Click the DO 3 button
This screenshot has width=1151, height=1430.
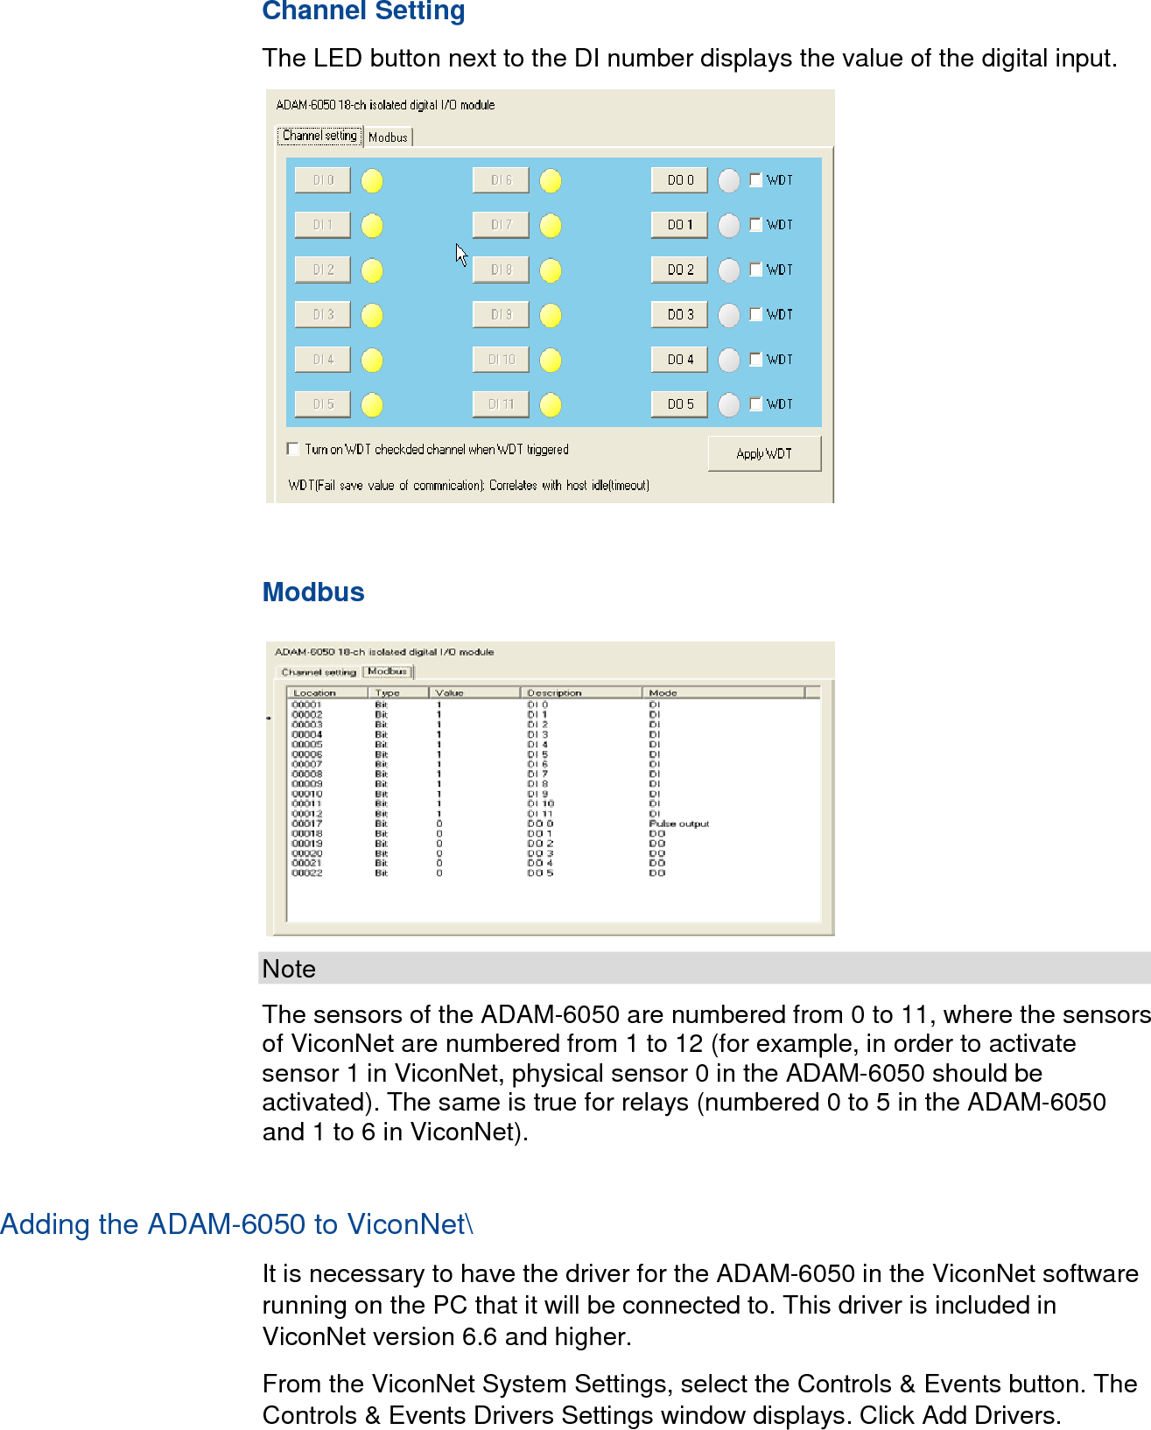pos(679,314)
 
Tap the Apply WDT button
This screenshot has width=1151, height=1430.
pos(764,453)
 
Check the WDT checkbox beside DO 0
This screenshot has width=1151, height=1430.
pos(756,180)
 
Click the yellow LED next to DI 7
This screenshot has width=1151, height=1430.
pos(551,226)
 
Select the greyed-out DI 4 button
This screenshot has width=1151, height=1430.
pos(323,359)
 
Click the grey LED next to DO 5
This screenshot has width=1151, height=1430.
pos(729,404)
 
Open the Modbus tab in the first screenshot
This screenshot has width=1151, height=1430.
pos(388,137)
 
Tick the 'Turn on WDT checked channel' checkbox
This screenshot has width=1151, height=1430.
pos(293,449)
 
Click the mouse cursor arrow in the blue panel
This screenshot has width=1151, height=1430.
pos(460,254)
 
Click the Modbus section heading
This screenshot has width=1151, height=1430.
pos(313,592)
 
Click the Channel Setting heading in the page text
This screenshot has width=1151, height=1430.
pos(363,11)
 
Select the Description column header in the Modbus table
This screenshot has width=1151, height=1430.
pos(554,692)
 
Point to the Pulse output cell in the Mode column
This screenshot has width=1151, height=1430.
pos(678,824)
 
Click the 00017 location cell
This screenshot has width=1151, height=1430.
pos(307,824)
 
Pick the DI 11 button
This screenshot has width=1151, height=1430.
pos(501,404)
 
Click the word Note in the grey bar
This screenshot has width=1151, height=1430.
pos(289,969)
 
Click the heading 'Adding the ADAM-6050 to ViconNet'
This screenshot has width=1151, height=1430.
pos(236,1223)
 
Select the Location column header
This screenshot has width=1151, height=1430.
pos(314,692)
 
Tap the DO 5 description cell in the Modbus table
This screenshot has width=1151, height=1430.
pos(540,873)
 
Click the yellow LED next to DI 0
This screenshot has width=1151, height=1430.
pos(372,181)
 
